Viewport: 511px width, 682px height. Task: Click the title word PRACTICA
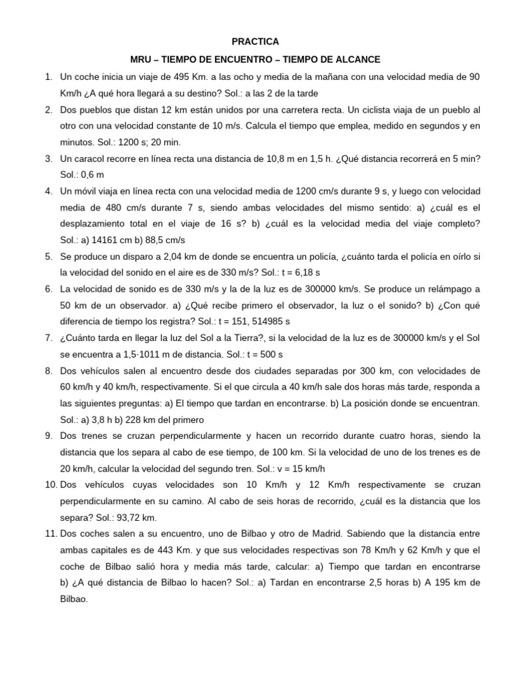[x=255, y=41]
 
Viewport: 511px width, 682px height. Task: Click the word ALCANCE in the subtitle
[x=357, y=59]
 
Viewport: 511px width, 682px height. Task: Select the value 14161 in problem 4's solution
[x=103, y=239]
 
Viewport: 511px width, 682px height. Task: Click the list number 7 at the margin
[x=49, y=338]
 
